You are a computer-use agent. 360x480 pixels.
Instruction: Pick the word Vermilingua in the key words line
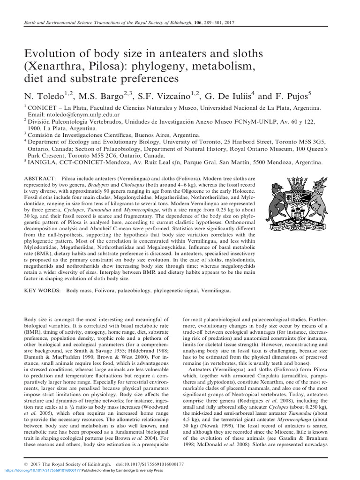point(213,291)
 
